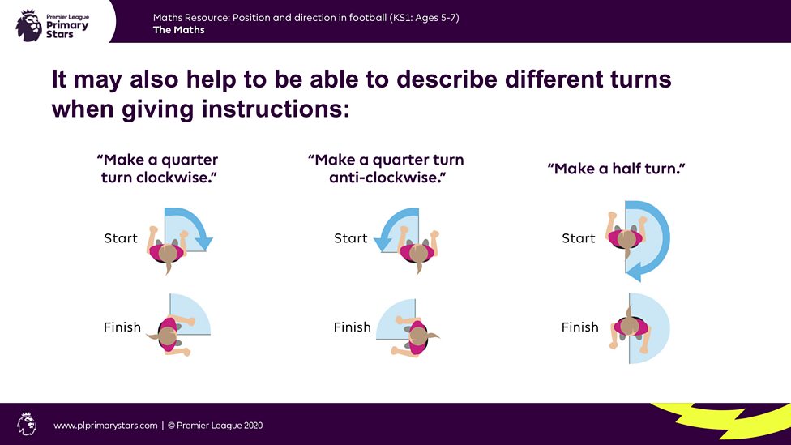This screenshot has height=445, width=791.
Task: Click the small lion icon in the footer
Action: [x=27, y=424]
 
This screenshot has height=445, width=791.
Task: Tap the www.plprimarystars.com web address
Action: [x=105, y=425]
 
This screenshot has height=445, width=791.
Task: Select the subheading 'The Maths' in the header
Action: [x=178, y=30]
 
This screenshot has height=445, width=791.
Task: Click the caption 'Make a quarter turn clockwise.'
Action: [x=158, y=168]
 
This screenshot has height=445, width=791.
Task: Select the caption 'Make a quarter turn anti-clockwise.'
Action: [x=385, y=168]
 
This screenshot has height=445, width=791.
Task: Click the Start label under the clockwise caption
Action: [x=121, y=238]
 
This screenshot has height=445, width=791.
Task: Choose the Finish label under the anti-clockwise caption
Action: [x=352, y=327]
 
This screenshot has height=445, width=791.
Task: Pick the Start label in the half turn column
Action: [x=579, y=238]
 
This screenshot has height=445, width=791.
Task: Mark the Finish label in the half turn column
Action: [x=579, y=327]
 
